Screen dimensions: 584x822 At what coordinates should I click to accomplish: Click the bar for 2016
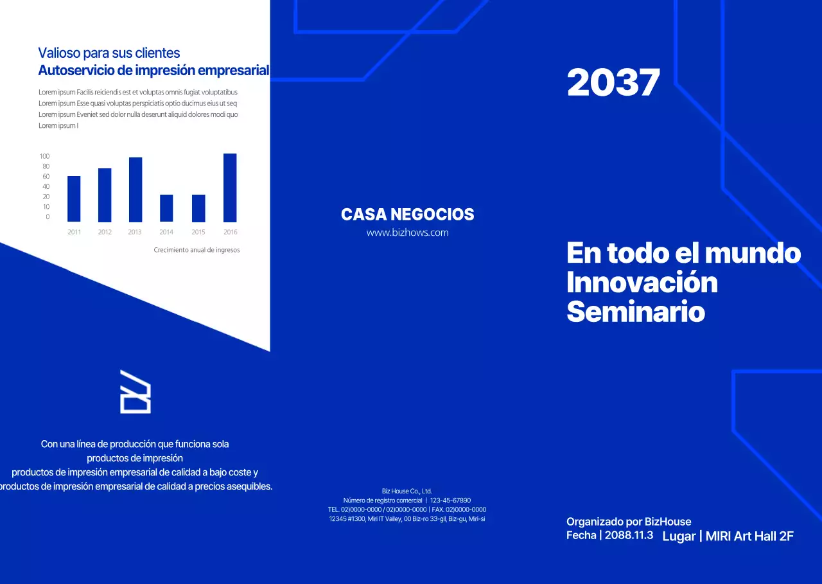tap(230, 188)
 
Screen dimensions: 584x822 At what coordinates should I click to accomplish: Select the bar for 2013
tap(136, 190)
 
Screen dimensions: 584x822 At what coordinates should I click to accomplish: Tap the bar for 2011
tap(74, 199)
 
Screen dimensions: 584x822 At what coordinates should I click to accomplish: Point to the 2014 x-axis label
tap(166, 232)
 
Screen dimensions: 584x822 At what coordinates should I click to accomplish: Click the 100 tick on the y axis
tap(44, 156)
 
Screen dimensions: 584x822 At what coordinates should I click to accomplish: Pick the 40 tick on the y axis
tap(46, 186)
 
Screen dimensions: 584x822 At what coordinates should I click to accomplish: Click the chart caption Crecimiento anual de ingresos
tap(197, 250)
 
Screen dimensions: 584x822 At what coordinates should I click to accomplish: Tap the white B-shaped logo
tap(136, 391)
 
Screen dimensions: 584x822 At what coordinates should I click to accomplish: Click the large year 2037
tap(613, 83)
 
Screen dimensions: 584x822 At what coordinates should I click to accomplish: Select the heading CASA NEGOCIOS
tap(407, 215)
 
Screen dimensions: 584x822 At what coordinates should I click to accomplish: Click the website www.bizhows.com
tap(407, 233)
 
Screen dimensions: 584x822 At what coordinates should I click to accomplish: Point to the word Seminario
tap(635, 313)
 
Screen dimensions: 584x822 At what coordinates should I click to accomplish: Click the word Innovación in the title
tap(642, 283)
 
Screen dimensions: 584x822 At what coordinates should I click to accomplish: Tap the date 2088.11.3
tap(629, 535)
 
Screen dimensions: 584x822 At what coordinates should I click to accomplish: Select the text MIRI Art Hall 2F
tap(749, 536)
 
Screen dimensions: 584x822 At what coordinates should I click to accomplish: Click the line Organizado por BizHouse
tap(629, 522)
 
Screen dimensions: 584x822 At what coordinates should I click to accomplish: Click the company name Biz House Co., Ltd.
tap(407, 491)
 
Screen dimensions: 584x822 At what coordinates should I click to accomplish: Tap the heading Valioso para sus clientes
tap(109, 53)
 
